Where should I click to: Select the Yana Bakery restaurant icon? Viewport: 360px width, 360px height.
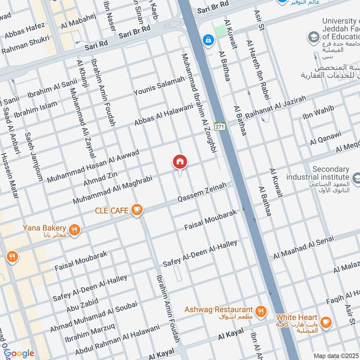pos(75,230)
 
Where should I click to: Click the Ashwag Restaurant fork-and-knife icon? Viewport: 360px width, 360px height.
pos(260,311)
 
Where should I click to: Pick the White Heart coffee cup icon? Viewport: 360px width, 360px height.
pos(326,322)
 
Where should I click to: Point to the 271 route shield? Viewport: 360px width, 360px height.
pos(219,126)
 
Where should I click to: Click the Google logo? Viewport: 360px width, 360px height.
pos(19,353)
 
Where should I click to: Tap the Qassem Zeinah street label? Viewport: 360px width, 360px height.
pos(202,194)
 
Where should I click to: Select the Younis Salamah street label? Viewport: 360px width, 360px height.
pos(159,86)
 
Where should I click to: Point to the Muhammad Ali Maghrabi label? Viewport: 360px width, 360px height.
pos(112,189)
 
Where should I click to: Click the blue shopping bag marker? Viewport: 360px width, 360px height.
pos(208,40)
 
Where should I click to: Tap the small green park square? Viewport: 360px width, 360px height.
pos(220,31)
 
